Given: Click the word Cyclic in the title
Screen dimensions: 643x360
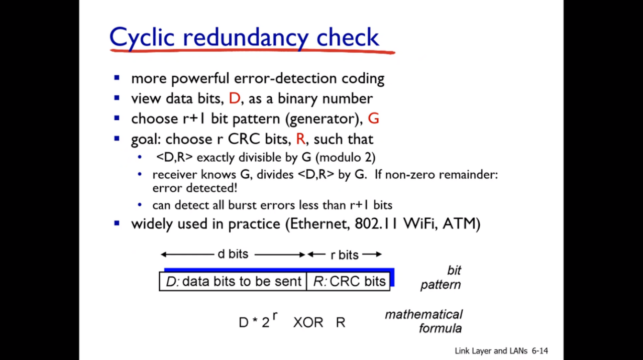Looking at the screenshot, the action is (x=142, y=38).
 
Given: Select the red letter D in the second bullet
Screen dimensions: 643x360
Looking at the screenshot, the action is (x=235, y=98).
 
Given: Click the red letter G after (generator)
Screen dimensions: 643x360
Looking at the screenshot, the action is (x=373, y=118).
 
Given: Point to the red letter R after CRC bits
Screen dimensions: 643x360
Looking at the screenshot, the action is (x=301, y=139).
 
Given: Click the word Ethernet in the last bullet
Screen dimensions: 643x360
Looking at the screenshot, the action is (x=318, y=223).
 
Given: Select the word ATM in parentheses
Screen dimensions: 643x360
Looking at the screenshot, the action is (x=459, y=223).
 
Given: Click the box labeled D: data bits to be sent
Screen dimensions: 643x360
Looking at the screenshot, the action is (x=233, y=282).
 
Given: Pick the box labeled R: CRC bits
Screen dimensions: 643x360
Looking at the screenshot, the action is (x=348, y=282).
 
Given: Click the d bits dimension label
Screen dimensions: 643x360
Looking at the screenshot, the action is (x=233, y=254).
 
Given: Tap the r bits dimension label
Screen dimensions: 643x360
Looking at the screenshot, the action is (x=345, y=255).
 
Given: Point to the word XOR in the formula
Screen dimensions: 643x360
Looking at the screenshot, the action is (x=308, y=322).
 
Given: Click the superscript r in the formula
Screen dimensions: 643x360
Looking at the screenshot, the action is (x=275, y=316).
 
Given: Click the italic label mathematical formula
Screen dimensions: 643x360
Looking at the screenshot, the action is (x=423, y=321).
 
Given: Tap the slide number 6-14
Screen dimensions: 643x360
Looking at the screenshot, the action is (x=540, y=351).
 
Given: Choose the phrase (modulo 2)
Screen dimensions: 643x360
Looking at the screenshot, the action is (x=345, y=158).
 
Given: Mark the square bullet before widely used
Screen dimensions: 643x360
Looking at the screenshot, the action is (x=117, y=223).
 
